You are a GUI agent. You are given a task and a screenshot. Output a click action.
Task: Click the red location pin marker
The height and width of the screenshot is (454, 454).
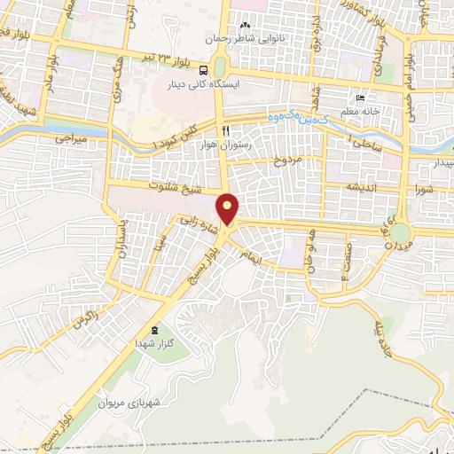[x=229, y=209]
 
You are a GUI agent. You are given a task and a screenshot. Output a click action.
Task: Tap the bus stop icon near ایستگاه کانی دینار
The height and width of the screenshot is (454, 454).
[x=204, y=70]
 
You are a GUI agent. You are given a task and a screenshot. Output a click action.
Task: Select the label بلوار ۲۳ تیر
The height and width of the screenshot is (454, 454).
[x=169, y=58]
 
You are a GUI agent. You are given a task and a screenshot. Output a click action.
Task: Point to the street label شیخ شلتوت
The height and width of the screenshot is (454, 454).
[x=178, y=188]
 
